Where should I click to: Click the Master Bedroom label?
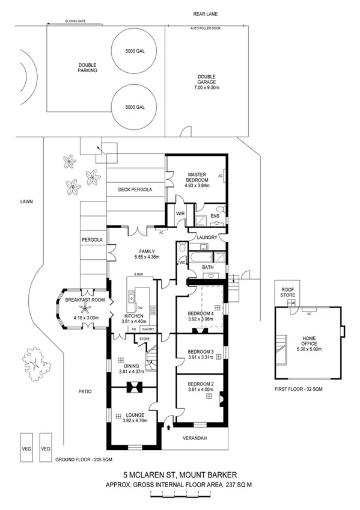tap(197, 177)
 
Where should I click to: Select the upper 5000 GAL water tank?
tap(130, 51)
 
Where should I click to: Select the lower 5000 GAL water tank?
tap(130, 107)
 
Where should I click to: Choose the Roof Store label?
tap(287, 292)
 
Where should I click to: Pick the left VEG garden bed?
tap(26, 447)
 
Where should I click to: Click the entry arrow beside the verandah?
tap(169, 428)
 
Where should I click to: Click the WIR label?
tap(180, 214)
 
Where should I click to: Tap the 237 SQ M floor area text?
tap(239, 483)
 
